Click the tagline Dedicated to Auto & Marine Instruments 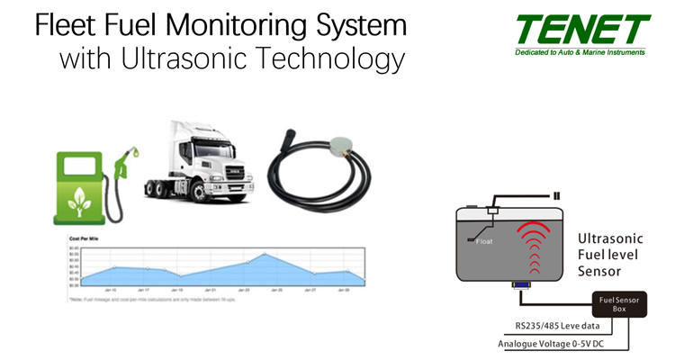581,53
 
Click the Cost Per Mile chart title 85,239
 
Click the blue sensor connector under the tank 520,285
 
